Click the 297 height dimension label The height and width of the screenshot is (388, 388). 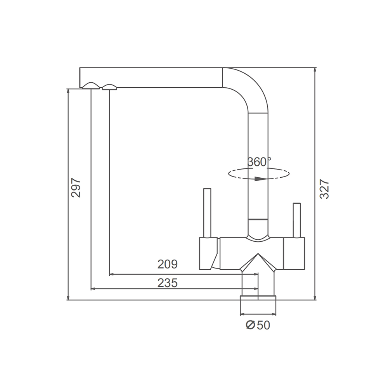coord(76,187)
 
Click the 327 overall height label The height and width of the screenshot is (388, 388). coord(324,189)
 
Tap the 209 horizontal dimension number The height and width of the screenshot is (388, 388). coord(168,264)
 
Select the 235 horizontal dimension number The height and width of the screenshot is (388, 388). coord(168,283)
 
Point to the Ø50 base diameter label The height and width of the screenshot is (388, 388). coord(258,325)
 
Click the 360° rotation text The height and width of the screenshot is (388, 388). coord(259,162)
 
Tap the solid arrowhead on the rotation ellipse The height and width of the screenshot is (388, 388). coord(261,178)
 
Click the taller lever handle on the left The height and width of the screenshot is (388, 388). coord(207,213)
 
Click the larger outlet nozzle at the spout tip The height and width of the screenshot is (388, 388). coord(91,85)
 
